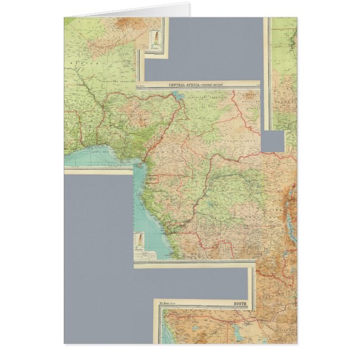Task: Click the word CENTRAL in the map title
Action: coord(178,85)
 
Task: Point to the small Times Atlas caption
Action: coord(167,305)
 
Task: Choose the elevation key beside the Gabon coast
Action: coord(138,241)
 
